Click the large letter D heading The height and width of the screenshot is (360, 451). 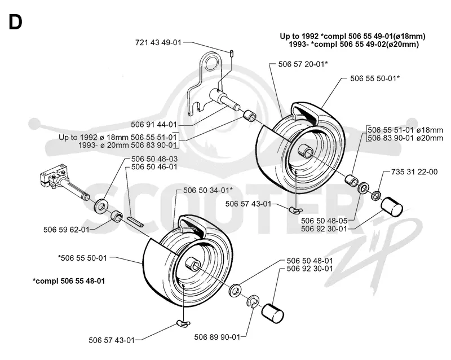[15, 22]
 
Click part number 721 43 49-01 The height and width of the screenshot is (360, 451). [158, 43]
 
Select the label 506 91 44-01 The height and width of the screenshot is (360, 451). [154, 125]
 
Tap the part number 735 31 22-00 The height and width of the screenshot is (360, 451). [414, 172]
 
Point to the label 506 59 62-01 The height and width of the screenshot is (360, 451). [67, 230]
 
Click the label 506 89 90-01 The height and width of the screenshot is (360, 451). [217, 337]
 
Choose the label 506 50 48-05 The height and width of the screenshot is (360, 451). [324, 221]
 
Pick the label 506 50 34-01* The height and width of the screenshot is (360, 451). [208, 190]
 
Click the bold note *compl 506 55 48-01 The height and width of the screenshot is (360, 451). [69, 281]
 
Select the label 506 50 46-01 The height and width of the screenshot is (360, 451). [154, 167]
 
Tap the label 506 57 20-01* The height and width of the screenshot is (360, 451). [303, 64]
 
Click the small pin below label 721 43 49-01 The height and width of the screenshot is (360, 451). [232, 53]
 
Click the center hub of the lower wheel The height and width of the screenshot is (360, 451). [192, 264]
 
